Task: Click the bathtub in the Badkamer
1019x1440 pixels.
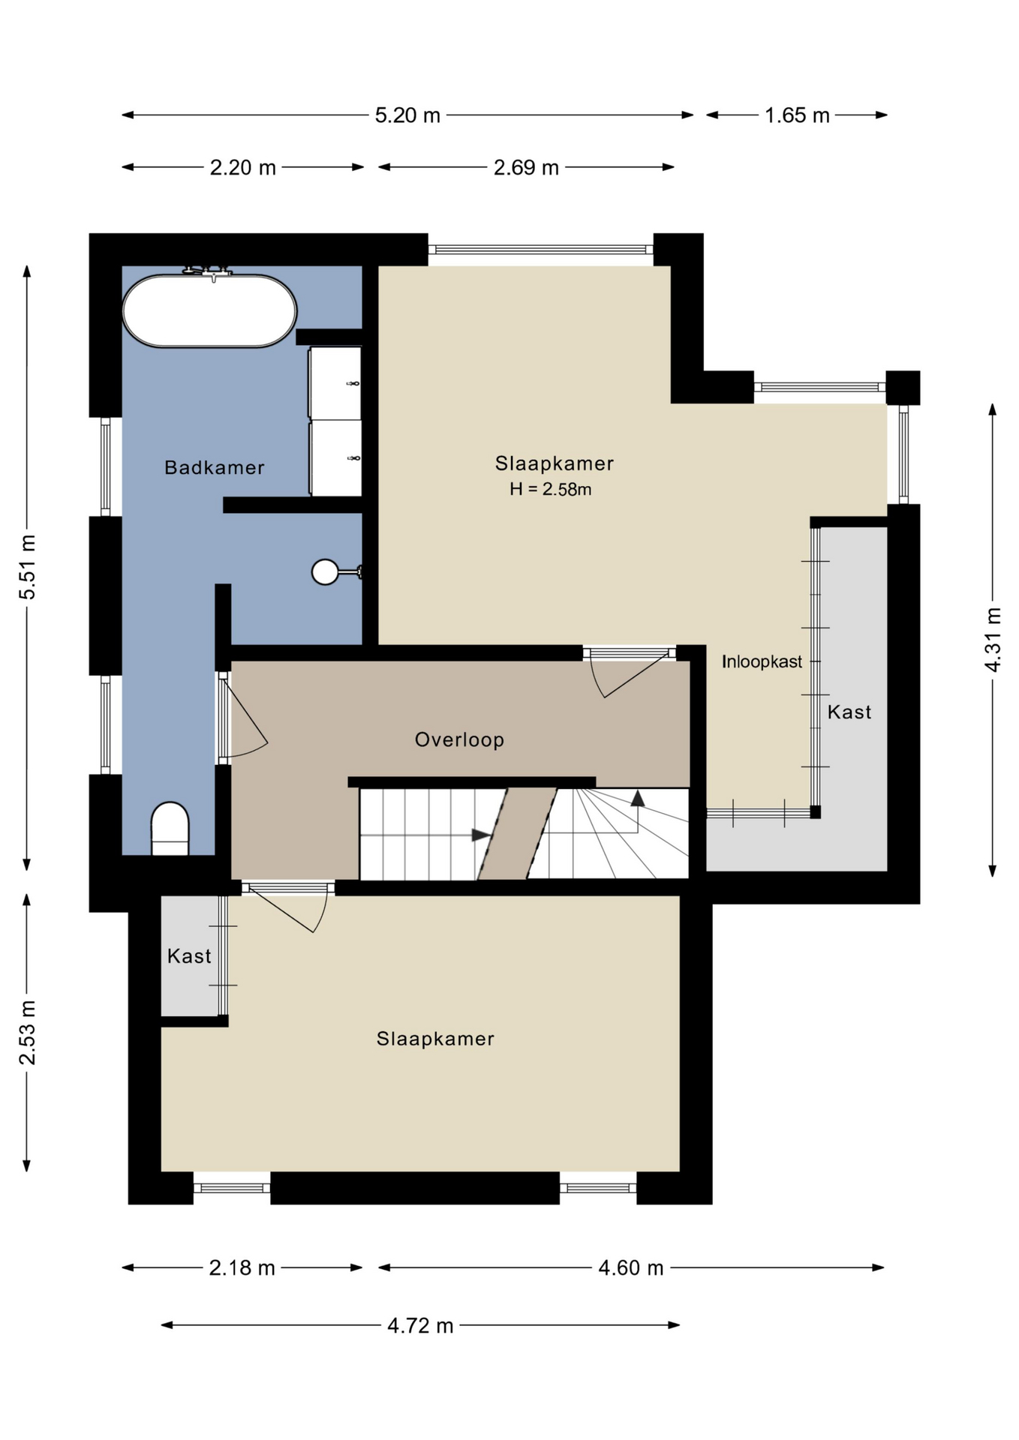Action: [210, 310]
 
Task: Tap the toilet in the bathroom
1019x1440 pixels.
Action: [170, 829]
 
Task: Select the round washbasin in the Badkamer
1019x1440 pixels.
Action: [325, 572]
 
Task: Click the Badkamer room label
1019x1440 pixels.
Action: [215, 468]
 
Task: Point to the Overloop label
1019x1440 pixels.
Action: [459, 740]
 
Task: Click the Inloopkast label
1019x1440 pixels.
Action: [762, 661]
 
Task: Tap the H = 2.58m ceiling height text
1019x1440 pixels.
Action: [551, 490]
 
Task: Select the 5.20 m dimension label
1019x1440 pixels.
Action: [407, 115]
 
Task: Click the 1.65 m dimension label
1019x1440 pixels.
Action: [797, 115]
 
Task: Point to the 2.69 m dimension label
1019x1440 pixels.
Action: [526, 167]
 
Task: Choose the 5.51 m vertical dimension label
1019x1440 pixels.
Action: [28, 567]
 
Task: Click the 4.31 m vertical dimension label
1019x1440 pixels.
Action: [993, 640]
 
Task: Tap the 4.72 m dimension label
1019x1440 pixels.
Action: [420, 1325]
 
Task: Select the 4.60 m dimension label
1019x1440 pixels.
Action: [631, 1267]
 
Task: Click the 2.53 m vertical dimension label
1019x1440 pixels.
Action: [28, 1032]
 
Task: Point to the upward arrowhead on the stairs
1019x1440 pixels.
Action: [637, 798]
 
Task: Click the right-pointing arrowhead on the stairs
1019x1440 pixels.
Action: [481, 835]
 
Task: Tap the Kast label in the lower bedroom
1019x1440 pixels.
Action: [189, 956]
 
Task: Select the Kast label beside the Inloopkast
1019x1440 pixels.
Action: [849, 712]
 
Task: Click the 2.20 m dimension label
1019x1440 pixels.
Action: [243, 167]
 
